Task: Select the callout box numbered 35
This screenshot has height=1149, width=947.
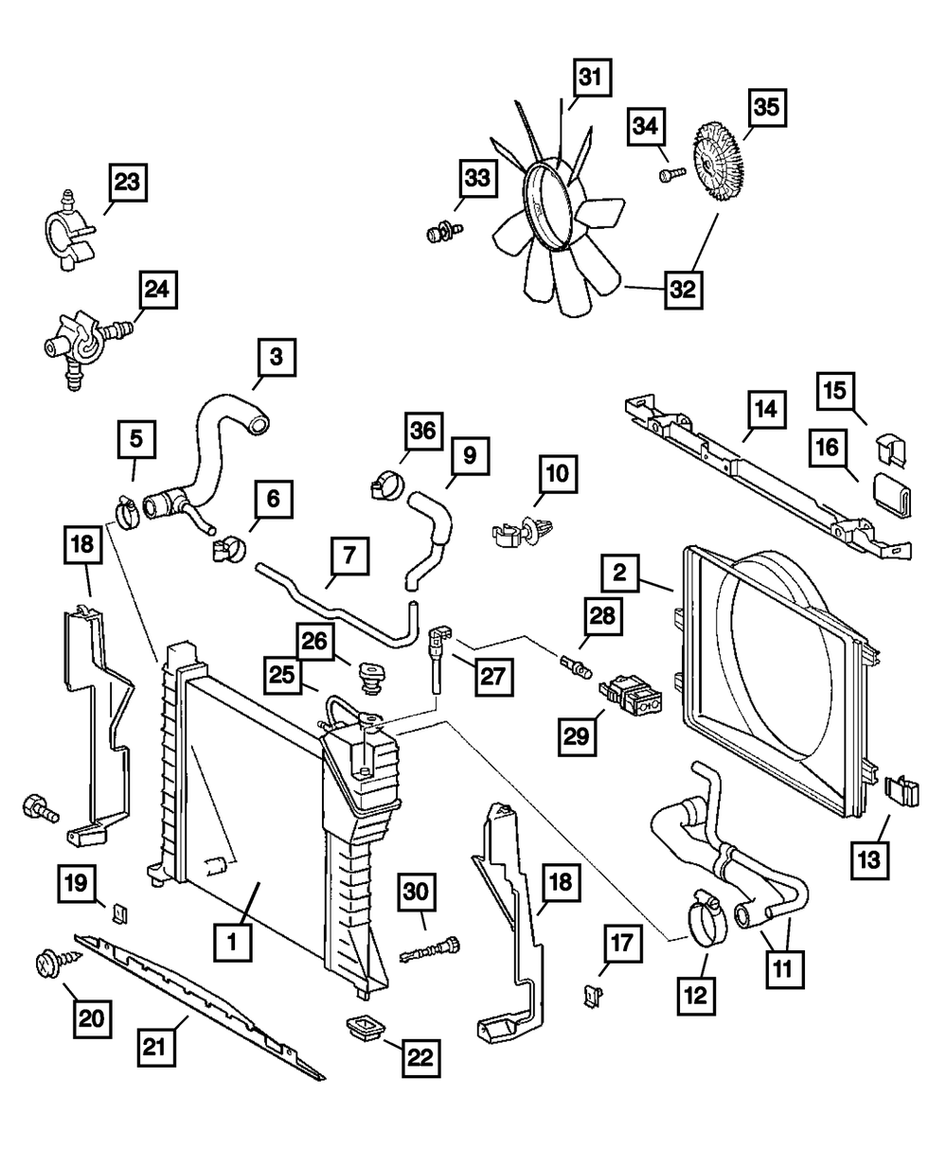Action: click(766, 108)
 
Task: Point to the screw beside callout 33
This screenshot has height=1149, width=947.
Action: click(441, 230)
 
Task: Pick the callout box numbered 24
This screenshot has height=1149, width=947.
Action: click(156, 291)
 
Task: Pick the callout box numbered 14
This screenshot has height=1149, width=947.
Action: click(765, 408)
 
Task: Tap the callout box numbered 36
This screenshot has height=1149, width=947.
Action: click(423, 433)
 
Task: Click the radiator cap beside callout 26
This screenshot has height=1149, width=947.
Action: click(372, 676)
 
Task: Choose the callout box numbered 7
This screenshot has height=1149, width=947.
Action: click(349, 557)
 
